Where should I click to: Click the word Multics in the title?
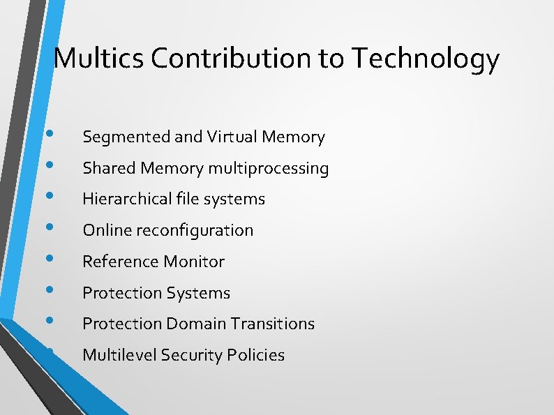[x=98, y=59]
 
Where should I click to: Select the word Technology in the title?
[x=426, y=60]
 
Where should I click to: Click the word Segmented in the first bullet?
[x=126, y=137]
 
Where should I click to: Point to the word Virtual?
[x=232, y=137]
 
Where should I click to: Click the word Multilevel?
[x=119, y=355]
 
